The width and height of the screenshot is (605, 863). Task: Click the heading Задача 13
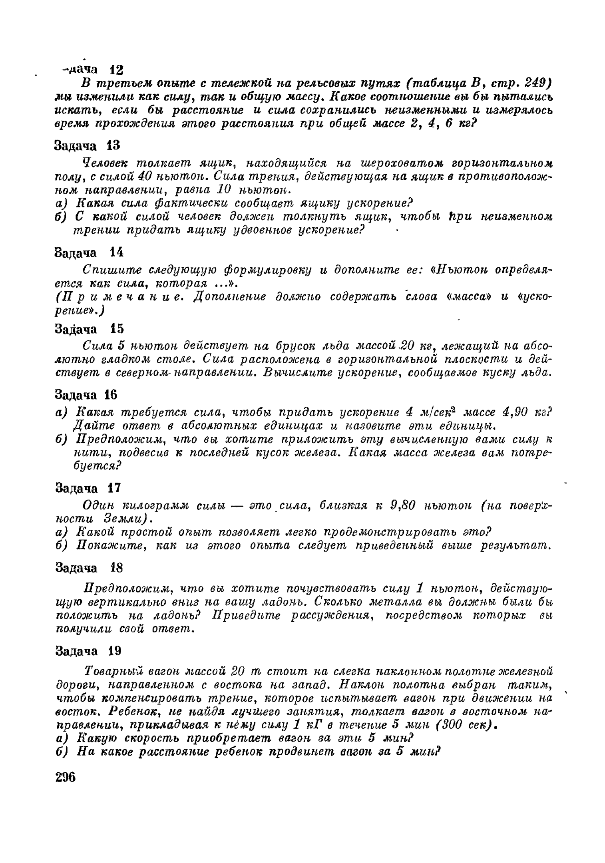coord(87,146)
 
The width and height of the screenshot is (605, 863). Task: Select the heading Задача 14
coord(89,253)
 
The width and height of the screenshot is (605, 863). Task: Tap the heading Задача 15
coord(89,329)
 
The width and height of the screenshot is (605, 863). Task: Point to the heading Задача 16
coord(86,395)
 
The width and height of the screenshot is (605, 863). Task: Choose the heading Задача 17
coord(88,488)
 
